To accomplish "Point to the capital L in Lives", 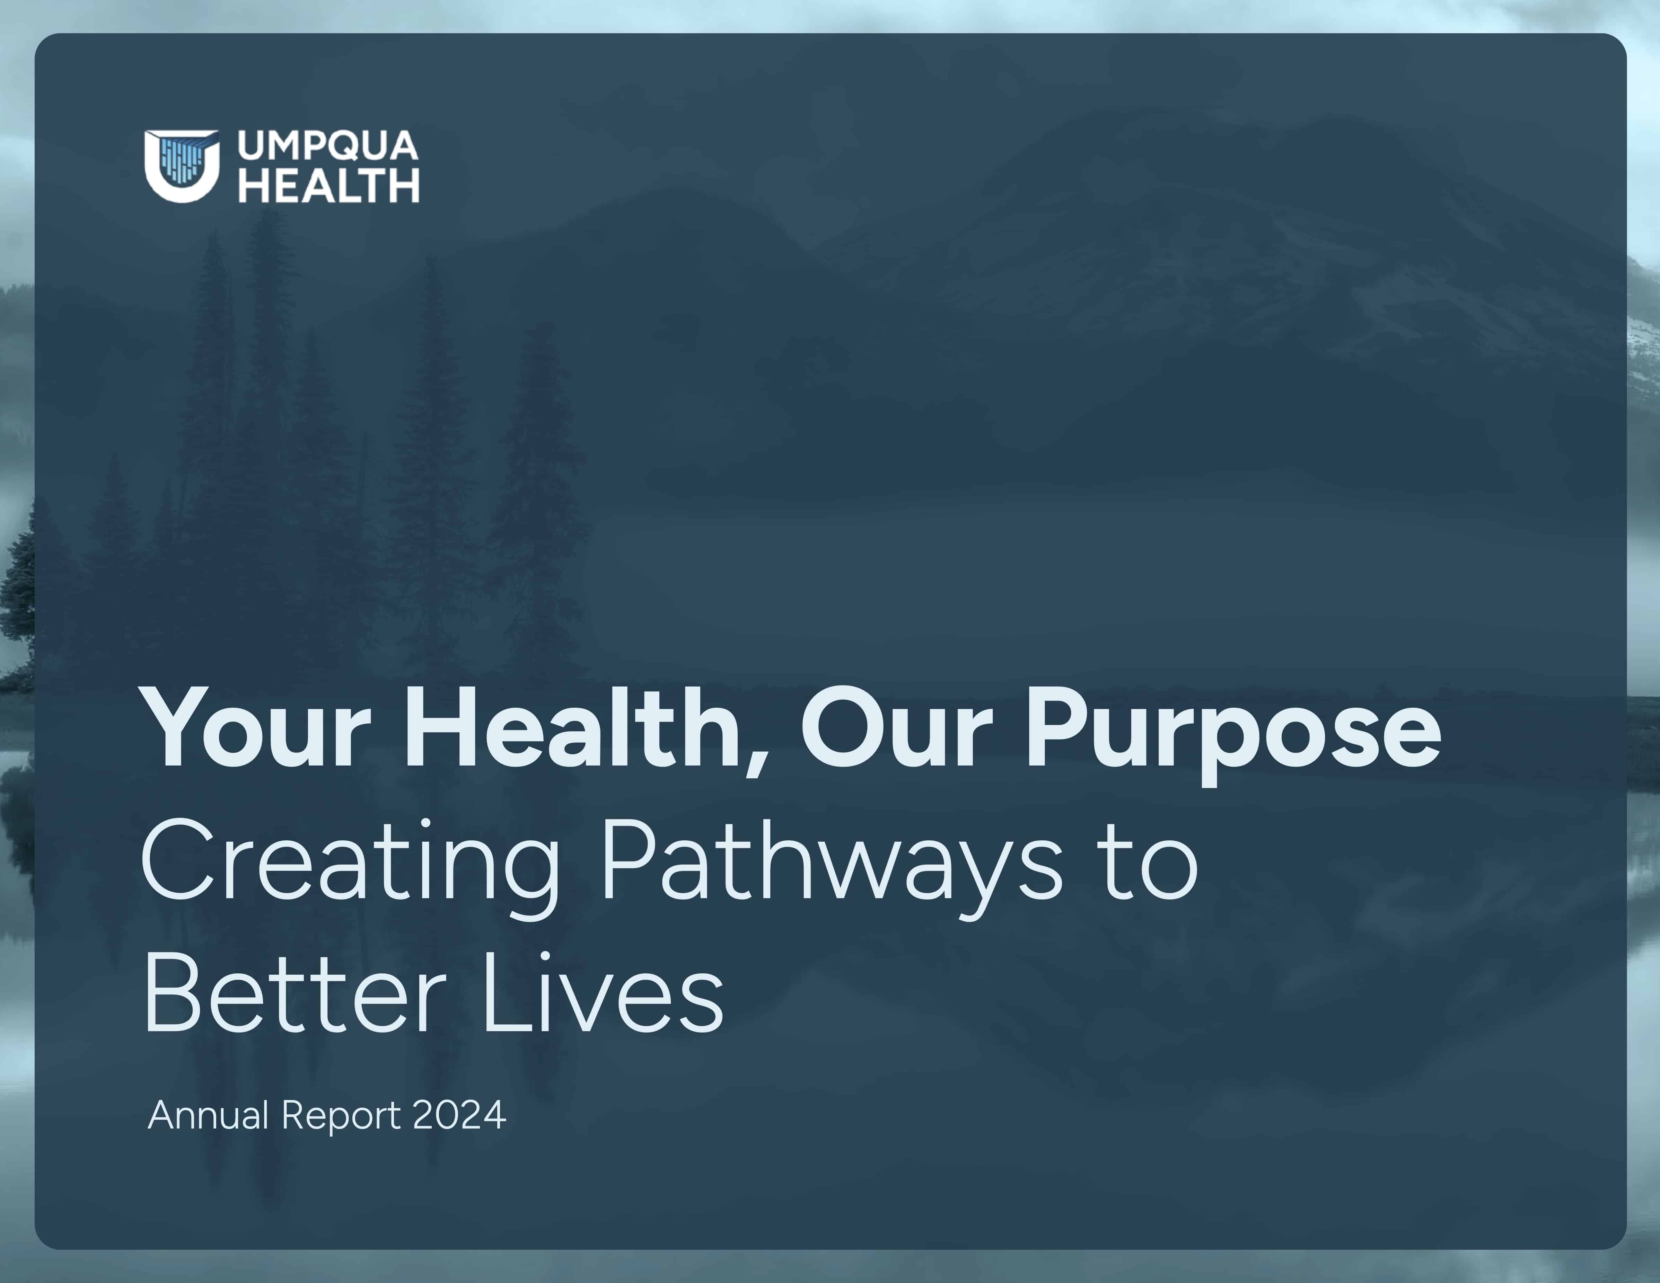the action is coord(507,993).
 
